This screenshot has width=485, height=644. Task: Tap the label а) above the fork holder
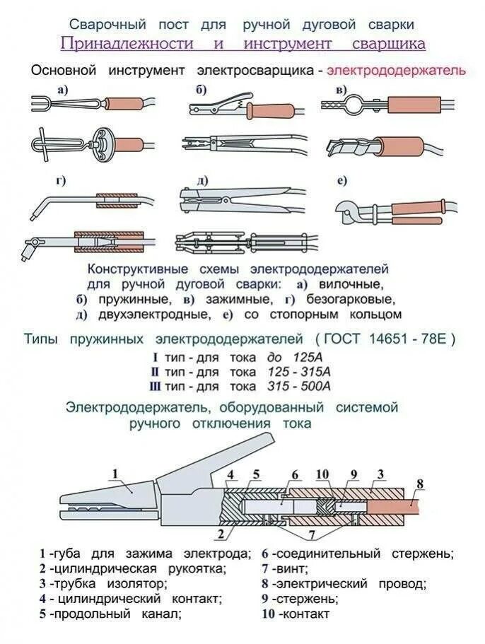coord(63,88)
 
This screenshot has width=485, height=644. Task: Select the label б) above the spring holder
coord(201,88)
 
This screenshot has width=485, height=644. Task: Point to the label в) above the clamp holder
coord(342,90)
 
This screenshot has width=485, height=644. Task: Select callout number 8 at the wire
coord(419,484)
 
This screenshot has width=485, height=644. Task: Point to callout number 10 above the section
coord(322,474)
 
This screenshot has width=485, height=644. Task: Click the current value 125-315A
coord(299,371)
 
